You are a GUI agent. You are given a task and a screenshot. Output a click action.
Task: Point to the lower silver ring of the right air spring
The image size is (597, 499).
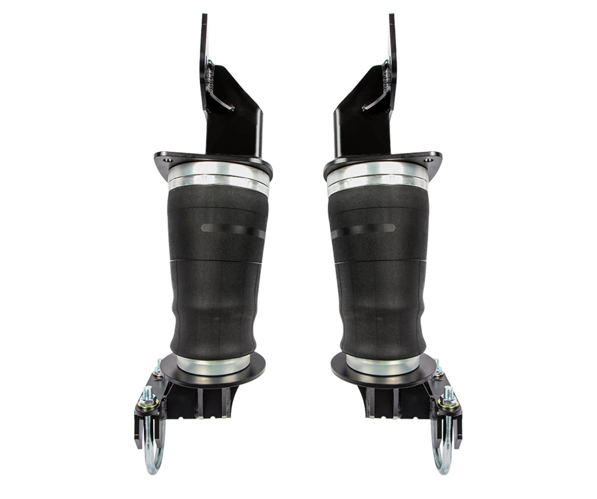[x=378, y=362]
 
